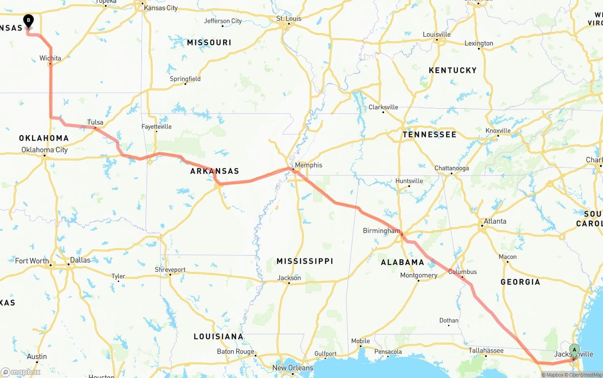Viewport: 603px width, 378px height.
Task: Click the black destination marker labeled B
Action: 29,21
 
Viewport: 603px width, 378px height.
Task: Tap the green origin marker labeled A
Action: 574,349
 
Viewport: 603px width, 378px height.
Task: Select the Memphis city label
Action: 309,165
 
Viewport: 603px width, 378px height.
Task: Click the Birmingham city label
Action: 381,231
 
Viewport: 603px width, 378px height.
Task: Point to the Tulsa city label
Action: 95,122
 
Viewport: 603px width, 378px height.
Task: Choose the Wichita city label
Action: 50,58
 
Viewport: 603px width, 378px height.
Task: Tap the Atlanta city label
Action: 495,221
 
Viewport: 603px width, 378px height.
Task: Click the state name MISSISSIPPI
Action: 305,261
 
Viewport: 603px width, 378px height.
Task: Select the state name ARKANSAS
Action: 214,171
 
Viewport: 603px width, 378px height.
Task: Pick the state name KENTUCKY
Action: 452,70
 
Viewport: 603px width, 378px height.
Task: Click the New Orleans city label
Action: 293,368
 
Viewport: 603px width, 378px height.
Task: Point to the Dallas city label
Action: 80,260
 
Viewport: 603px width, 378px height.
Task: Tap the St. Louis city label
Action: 288,19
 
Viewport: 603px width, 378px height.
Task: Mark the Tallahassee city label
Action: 486,350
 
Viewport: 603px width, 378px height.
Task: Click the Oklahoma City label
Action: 44,150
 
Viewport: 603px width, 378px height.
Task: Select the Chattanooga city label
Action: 451,168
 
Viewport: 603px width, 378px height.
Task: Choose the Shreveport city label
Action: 170,270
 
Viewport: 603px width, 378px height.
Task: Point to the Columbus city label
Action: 462,272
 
